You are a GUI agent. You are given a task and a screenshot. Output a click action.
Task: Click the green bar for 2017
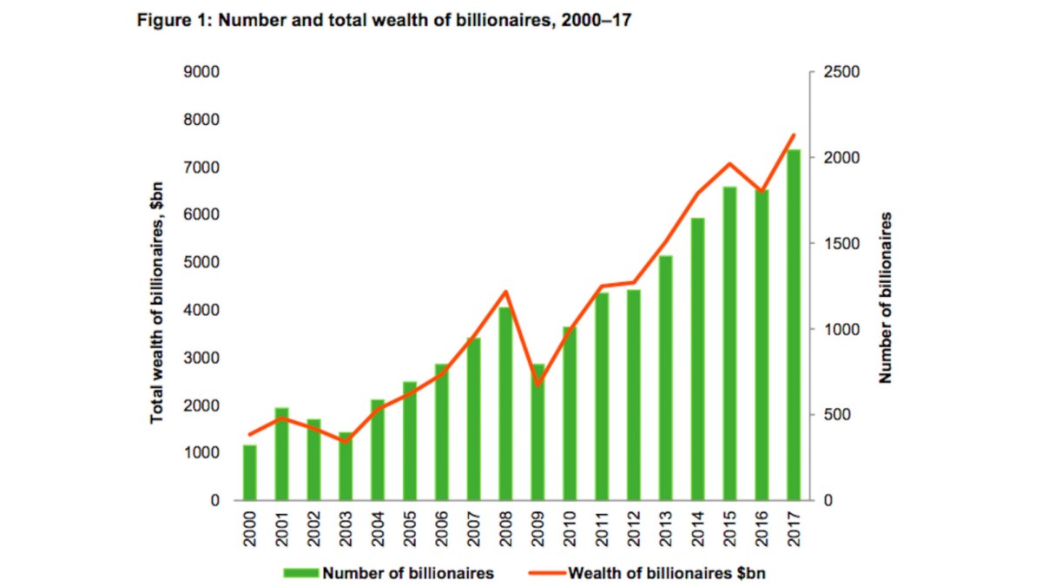pos(794,326)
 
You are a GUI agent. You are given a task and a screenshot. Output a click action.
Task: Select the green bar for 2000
pos(250,473)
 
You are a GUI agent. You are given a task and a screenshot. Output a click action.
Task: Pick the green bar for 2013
pos(666,378)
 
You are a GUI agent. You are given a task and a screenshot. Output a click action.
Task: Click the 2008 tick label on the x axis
pos(506,530)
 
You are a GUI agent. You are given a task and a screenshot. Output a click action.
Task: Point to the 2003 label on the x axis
pos(346,530)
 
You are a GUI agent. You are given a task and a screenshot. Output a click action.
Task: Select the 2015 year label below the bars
pos(730,530)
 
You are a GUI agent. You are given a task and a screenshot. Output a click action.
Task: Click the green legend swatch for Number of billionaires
pos(300,573)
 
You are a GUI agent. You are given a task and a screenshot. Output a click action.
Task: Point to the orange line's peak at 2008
pos(506,292)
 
